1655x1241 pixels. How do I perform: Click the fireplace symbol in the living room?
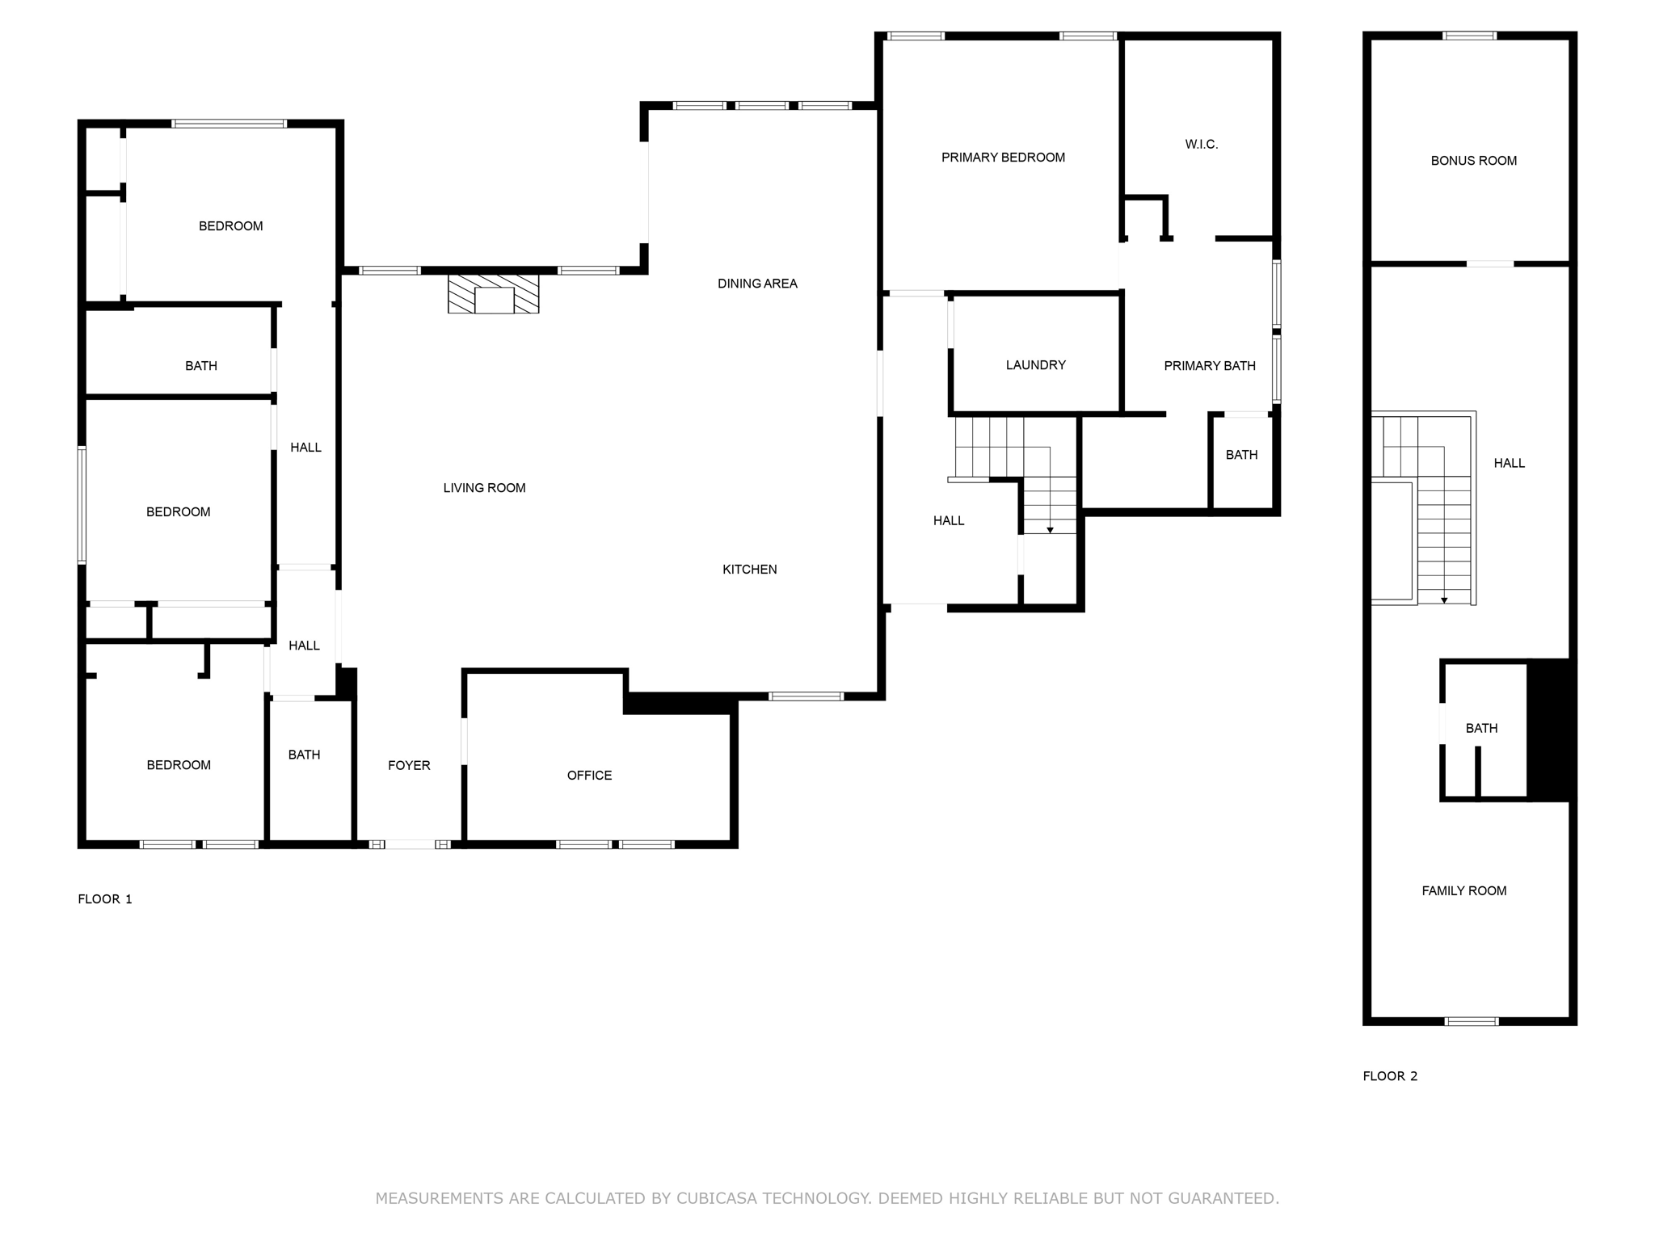click(494, 294)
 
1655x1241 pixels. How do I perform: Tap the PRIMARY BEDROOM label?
click(1003, 158)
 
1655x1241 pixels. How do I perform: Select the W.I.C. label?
click(1201, 145)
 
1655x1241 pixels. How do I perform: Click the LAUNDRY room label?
click(1035, 365)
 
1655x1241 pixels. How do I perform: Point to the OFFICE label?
click(589, 776)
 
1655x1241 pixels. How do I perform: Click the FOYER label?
click(409, 766)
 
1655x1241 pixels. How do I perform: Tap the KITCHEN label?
click(749, 570)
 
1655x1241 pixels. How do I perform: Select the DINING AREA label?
click(757, 284)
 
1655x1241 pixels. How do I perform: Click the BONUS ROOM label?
click(1473, 161)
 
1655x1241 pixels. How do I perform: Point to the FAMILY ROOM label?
click(1463, 891)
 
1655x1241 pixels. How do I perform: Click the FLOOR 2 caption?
click(1390, 1076)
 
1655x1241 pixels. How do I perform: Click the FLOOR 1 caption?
click(105, 899)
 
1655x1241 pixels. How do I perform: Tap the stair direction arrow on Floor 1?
click(1050, 529)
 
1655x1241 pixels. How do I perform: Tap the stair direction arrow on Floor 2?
click(1444, 599)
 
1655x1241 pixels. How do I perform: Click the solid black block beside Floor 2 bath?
click(1550, 730)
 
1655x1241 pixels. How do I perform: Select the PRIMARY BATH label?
click(1209, 366)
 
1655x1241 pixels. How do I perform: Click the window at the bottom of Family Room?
click(1471, 1021)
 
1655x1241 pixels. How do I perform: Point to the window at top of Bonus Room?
click(1469, 36)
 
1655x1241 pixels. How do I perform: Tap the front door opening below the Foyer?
click(410, 844)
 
